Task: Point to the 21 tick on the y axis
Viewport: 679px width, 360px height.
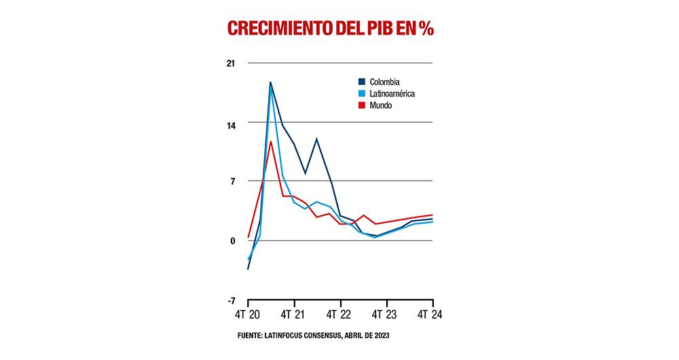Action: [x=231, y=64]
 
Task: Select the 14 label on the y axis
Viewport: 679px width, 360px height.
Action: [x=231, y=123]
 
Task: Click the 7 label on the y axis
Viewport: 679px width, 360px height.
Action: [x=232, y=181]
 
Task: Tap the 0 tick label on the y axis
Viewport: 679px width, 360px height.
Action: [x=232, y=240]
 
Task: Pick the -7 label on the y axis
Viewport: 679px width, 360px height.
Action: [x=230, y=300]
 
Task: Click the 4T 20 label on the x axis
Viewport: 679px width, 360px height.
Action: [x=249, y=317]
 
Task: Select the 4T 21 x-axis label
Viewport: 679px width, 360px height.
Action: [x=295, y=317]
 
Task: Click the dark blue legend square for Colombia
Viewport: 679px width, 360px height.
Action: [x=362, y=82]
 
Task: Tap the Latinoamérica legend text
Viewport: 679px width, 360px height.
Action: [x=392, y=94]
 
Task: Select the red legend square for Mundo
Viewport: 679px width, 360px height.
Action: [x=362, y=105]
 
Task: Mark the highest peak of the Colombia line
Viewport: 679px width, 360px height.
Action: [x=270, y=83]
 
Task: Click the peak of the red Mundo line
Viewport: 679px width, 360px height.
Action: [x=271, y=141]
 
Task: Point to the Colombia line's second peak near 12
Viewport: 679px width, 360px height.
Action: [x=316, y=139]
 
